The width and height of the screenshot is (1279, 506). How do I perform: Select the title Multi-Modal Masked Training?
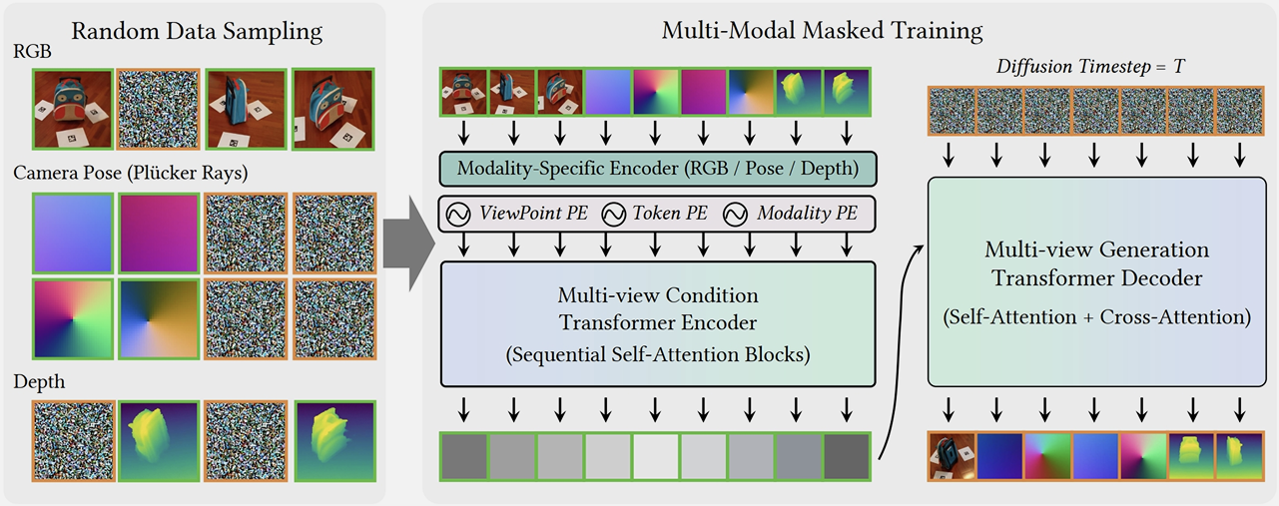click(x=822, y=30)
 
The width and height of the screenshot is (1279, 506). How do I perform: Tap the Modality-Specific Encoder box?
click(x=657, y=168)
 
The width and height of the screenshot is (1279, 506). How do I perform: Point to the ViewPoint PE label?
click(x=533, y=214)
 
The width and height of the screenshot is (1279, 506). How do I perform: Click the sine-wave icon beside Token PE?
click(x=614, y=214)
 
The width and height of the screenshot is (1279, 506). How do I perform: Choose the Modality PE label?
click(x=806, y=214)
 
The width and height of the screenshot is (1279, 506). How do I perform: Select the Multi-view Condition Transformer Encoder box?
click(x=657, y=323)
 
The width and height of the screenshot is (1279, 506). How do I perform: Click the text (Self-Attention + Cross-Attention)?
click(x=1096, y=318)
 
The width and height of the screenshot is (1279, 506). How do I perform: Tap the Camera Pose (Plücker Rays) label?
click(x=130, y=173)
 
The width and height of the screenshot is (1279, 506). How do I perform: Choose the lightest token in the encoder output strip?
click(x=657, y=456)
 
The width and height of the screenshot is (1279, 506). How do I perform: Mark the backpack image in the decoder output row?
click(x=951, y=456)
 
